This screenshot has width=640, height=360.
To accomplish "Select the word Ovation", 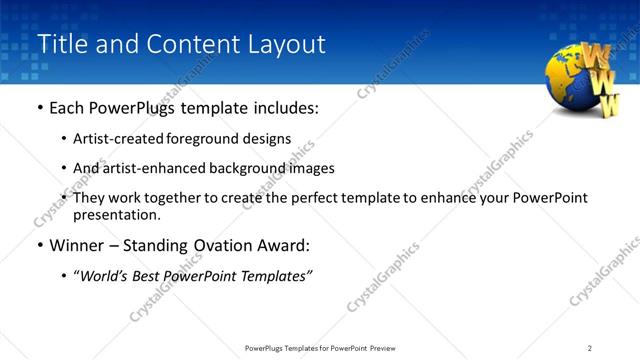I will click(210, 245).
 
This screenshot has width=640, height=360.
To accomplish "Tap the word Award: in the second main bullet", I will click(275, 245).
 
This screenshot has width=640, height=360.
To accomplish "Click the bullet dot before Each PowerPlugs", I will click(39, 108).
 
